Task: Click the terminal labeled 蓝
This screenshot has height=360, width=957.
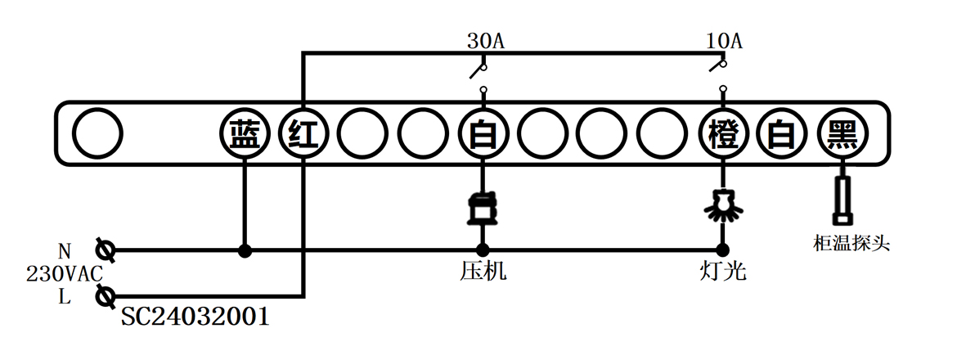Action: (244, 133)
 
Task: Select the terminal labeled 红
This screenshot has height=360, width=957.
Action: (303, 133)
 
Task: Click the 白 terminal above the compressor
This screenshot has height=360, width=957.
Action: (483, 133)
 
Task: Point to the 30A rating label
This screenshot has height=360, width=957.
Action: (485, 40)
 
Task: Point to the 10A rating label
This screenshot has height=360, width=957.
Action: (724, 40)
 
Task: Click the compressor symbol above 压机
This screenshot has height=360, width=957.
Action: (483, 207)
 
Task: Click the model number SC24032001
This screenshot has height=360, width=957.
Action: (195, 317)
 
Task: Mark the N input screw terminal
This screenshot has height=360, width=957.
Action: (106, 250)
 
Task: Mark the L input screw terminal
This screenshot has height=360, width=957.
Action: (106, 295)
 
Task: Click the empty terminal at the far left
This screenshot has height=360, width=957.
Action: (97, 133)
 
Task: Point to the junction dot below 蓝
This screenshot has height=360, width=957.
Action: (244, 250)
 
